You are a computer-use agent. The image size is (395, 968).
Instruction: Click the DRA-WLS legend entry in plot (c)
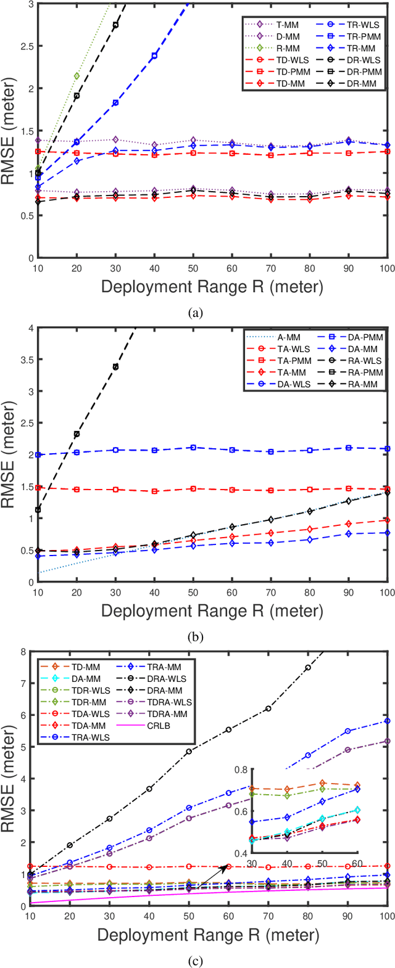pyautogui.click(x=165, y=678)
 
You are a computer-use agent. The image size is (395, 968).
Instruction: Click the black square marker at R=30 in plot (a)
pyautogui.click(x=115, y=25)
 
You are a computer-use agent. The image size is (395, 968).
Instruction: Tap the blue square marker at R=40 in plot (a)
pyautogui.click(x=154, y=56)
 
